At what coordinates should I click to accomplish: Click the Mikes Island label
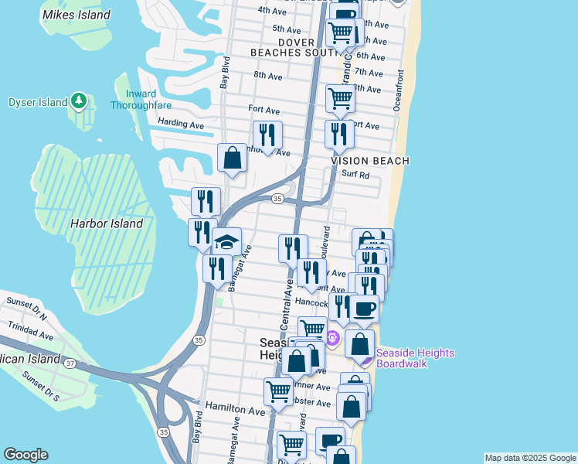pyautogui.click(x=76, y=15)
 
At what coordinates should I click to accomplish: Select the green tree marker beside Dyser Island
pyautogui.click(x=78, y=101)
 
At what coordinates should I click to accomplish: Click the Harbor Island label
pyautogui.click(x=107, y=223)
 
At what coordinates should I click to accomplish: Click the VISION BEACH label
pyautogui.click(x=370, y=160)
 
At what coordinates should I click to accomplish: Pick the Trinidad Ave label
pyautogui.click(x=28, y=336)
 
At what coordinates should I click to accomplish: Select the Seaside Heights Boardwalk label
pyautogui.click(x=415, y=358)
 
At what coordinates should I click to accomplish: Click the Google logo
pyautogui.click(x=25, y=455)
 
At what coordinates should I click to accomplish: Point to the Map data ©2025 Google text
pyautogui.click(x=530, y=458)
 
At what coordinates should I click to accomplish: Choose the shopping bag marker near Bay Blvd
pyautogui.click(x=232, y=159)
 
